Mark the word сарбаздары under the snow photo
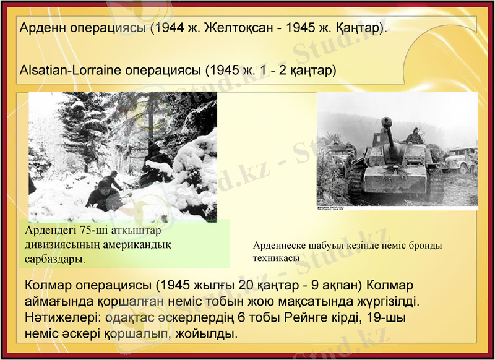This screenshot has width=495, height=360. tap(54, 259)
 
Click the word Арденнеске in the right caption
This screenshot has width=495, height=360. tap(282, 246)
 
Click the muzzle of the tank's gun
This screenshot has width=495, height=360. tap(387, 120)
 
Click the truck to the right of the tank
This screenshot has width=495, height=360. tap(461, 160)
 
